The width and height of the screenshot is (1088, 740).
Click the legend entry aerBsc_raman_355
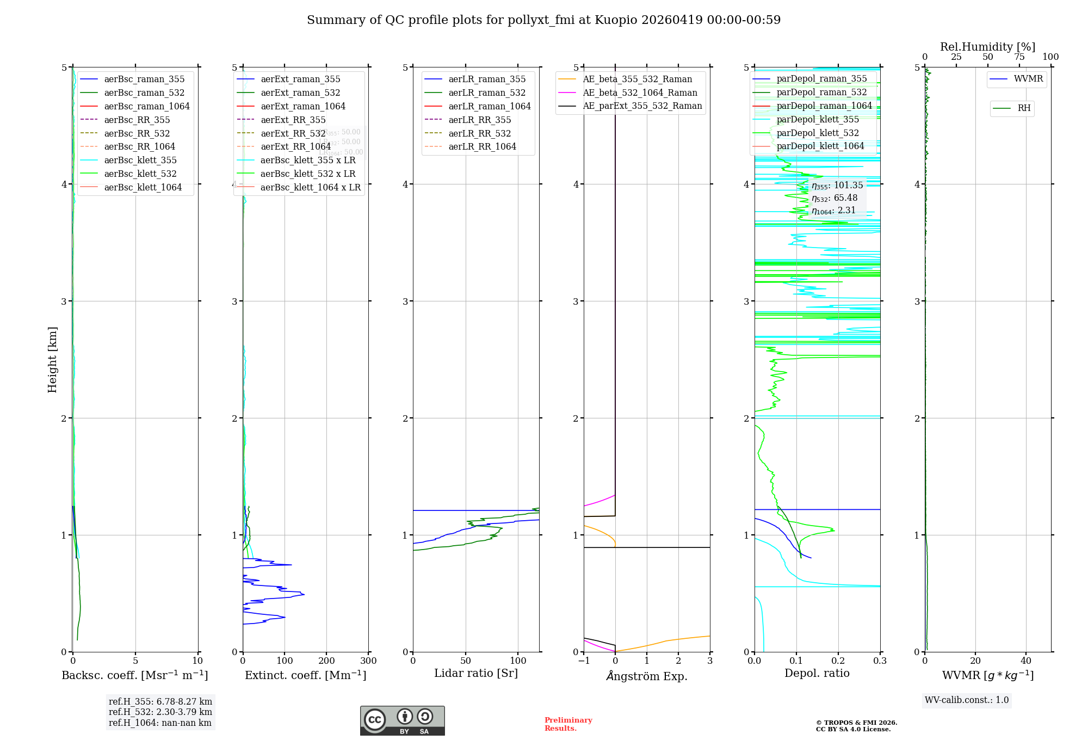[144, 79]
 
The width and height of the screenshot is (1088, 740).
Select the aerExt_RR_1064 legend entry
[295, 147]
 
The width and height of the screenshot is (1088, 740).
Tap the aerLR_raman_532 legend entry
[487, 93]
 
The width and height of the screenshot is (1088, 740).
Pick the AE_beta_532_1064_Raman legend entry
[640, 93]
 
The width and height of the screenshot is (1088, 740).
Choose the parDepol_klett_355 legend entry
[818, 120]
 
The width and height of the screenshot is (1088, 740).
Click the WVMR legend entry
[1028, 79]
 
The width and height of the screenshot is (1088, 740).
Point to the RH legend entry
[1024, 108]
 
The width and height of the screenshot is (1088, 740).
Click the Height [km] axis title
[52, 360]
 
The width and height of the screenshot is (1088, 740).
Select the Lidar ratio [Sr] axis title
[476, 673]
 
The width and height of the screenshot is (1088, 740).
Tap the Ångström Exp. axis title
[647, 676]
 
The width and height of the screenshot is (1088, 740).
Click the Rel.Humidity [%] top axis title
[987, 47]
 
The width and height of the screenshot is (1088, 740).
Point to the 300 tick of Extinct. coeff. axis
[368, 661]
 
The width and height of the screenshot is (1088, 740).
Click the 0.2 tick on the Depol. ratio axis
[838, 661]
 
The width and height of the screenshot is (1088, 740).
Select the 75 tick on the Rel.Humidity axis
[1019, 57]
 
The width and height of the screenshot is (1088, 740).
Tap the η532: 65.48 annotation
[834, 198]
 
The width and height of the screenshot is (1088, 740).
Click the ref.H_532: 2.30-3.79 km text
[160, 712]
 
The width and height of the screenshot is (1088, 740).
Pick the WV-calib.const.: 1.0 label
[967, 700]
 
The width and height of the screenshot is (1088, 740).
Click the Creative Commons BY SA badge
[402, 721]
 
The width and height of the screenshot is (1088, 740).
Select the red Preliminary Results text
[568, 724]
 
